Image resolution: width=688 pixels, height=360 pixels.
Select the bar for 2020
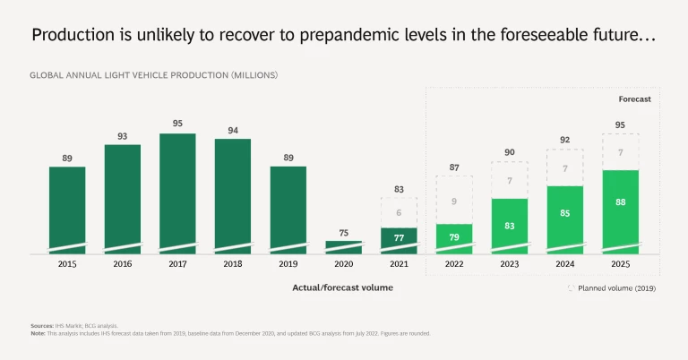pos(343,247)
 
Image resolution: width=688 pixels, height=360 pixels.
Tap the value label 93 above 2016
pos(122,136)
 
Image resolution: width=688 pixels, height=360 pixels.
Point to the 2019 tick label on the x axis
pos(288,265)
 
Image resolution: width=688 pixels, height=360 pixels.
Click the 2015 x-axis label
pos(67,265)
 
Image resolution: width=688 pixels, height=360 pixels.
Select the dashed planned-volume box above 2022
pos(454,200)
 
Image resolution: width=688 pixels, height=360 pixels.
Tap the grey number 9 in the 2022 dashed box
pos(454,201)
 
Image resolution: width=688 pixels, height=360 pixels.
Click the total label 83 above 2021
pos(399,189)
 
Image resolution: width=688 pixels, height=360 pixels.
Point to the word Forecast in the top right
pos(634,99)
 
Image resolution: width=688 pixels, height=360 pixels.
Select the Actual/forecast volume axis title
pos(342,287)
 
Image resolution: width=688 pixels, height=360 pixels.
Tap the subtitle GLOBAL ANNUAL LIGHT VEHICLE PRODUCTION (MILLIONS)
pos(154,74)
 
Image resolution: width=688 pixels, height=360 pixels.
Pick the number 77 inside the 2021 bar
pos(399,238)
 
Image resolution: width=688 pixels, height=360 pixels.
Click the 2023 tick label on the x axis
pos(509,265)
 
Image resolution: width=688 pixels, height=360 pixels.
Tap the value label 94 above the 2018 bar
pos(232,131)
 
